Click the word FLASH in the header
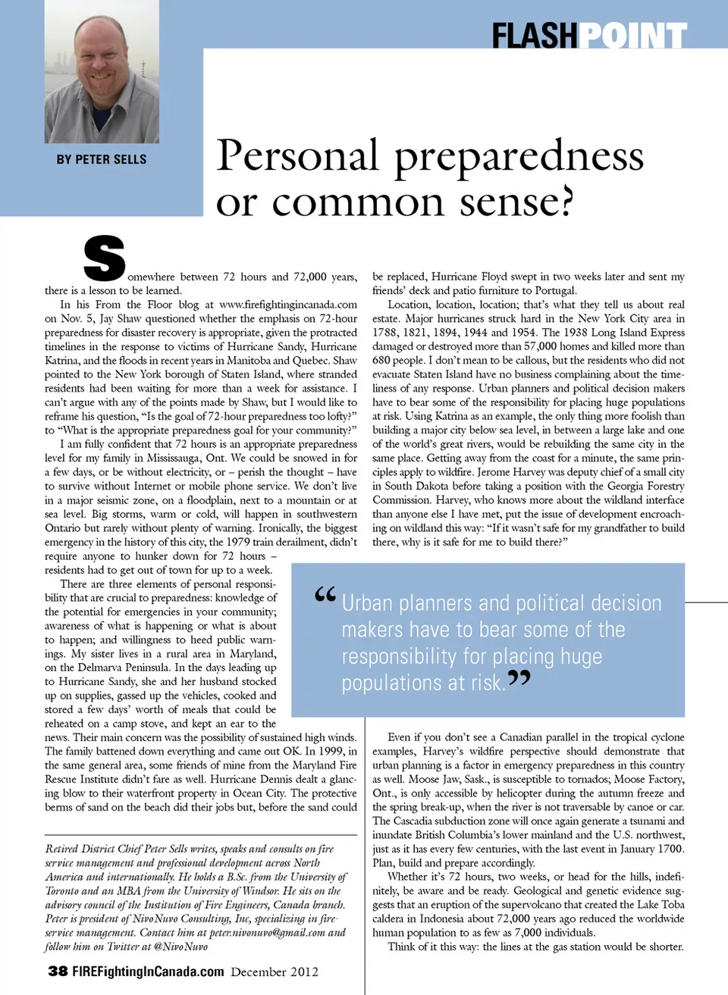535,36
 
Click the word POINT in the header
634,36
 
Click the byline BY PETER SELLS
102,159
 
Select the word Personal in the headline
297,155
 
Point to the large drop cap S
105,258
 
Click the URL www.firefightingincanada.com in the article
288,305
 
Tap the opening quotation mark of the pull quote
325,595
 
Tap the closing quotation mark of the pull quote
519,677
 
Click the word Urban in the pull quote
367,603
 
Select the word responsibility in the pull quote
400,656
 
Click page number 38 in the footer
58,972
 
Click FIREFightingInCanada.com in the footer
148,972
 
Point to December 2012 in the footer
275,972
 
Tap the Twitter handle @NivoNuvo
180,947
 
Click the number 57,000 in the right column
541,346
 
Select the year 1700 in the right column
671,849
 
